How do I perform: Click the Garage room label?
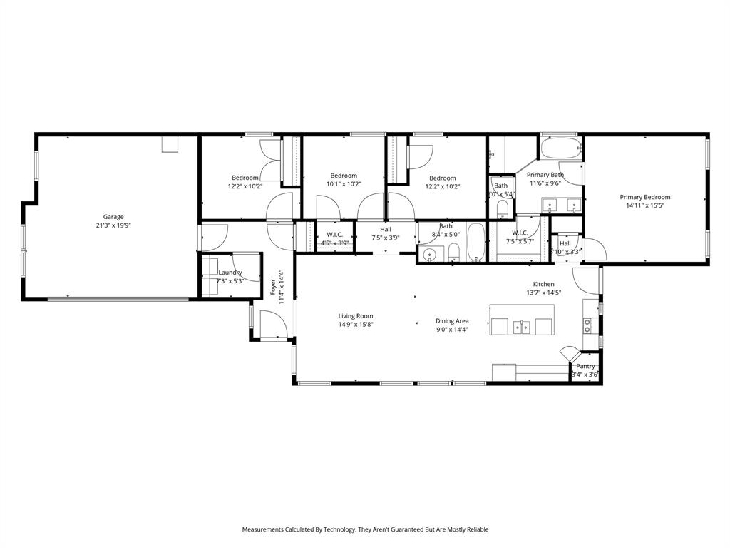(113, 217)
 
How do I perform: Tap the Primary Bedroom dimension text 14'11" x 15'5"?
(644, 206)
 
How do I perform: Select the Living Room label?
(356, 315)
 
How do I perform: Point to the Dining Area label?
(452, 321)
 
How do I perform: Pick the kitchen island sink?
(522, 328)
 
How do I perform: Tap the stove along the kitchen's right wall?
(588, 326)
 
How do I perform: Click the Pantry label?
(586, 366)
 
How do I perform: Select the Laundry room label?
(230, 273)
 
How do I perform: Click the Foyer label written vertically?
(273, 287)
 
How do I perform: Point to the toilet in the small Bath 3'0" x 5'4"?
(502, 208)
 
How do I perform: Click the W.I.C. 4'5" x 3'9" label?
(335, 234)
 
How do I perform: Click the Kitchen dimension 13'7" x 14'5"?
(544, 293)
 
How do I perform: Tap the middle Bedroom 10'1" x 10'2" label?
(344, 176)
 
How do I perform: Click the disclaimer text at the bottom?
(365, 529)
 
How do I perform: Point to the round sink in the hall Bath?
(430, 255)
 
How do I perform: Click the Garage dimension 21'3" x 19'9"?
(113, 225)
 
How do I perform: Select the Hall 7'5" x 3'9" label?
(386, 229)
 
